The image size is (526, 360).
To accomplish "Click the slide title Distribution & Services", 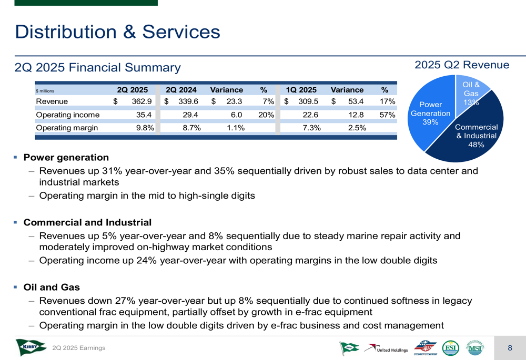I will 117,32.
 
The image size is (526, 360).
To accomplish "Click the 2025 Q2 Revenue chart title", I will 462,65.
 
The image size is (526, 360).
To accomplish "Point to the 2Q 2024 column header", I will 181,90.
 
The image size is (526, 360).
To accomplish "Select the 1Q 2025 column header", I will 301,90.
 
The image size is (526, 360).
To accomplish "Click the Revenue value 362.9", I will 142,101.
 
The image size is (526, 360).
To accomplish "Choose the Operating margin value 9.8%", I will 145,128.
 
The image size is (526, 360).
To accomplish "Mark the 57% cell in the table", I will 387,115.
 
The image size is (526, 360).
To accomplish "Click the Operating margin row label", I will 66,128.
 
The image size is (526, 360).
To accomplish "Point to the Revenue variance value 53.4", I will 355,101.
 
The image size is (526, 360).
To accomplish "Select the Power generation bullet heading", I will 66,158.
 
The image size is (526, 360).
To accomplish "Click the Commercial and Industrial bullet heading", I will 87,223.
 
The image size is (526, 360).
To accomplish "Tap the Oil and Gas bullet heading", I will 52,287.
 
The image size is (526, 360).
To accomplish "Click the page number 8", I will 510,348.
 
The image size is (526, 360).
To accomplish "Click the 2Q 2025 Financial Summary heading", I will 98,68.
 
